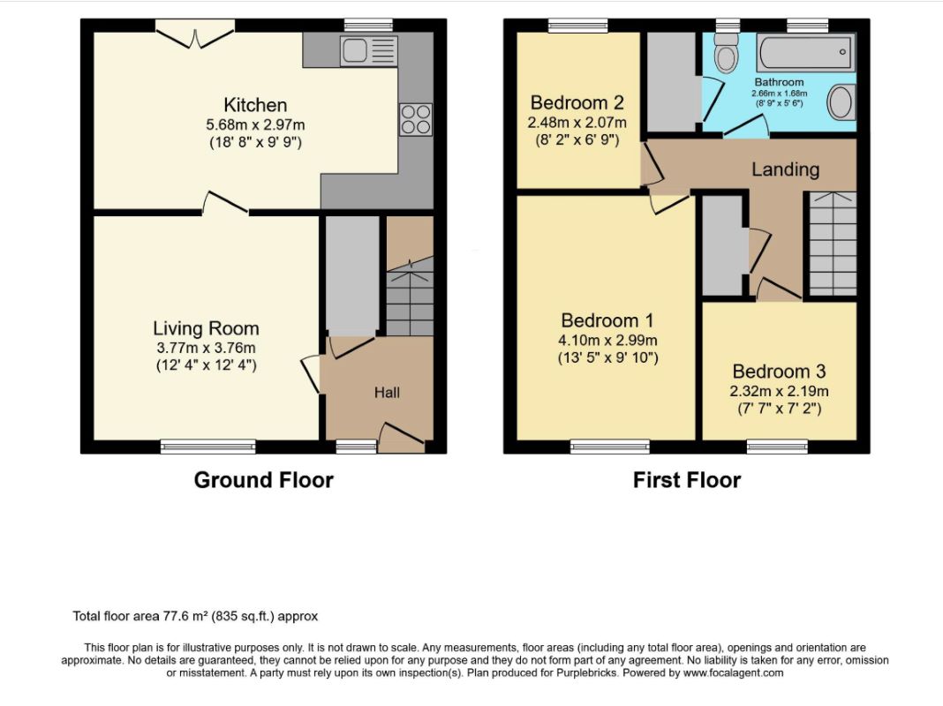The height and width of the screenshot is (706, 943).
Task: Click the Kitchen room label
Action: click(255, 105)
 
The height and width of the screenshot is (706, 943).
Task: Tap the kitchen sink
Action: click(368, 50)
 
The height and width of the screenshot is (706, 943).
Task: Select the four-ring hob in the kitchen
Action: click(416, 119)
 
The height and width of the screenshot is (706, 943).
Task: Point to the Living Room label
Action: click(206, 328)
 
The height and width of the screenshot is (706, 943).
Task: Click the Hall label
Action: click(387, 393)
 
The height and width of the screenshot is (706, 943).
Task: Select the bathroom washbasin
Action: click(841, 101)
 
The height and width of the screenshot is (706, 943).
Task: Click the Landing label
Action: click(786, 169)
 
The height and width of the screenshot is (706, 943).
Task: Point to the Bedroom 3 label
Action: click(779, 372)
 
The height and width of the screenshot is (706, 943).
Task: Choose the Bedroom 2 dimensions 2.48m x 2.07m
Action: click(577, 123)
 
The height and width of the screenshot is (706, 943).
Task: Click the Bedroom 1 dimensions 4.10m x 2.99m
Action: click(607, 340)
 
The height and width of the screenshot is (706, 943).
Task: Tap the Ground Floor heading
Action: click(263, 480)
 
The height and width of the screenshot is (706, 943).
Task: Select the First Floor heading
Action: click(687, 480)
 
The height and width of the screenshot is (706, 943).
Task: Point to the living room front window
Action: click(208, 447)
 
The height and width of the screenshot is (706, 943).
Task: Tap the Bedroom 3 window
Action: click(777, 447)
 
